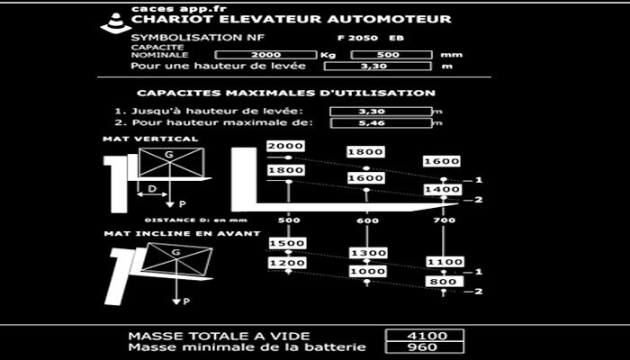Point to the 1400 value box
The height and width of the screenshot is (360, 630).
(444, 191)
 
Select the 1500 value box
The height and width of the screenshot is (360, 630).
(287, 244)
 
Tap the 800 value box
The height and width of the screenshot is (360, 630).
(444, 282)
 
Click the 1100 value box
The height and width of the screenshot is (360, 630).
(444, 262)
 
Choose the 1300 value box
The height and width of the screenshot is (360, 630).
(366, 253)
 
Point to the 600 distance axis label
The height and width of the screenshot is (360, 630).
(366, 220)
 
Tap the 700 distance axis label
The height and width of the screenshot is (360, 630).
(444, 220)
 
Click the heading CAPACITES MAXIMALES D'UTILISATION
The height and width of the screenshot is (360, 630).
(286, 93)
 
